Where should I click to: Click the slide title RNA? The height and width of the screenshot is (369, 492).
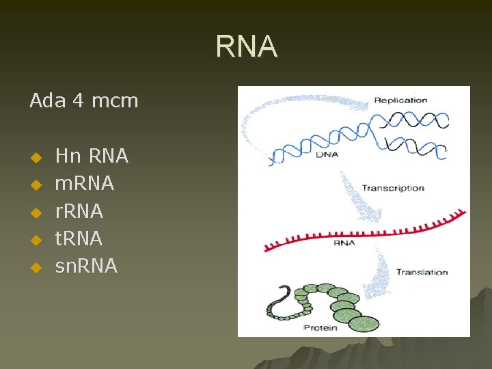point(246,47)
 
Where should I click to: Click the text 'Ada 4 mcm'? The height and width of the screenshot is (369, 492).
point(83,101)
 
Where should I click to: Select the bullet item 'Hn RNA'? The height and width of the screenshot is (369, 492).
point(92,156)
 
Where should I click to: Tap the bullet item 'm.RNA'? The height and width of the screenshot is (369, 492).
point(85,184)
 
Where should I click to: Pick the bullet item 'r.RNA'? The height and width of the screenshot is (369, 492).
point(79,211)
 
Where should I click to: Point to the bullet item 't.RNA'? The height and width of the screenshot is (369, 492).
point(79,238)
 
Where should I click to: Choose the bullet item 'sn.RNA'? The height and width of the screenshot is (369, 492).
point(86,266)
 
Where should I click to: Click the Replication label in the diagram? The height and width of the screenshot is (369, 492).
point(400,100)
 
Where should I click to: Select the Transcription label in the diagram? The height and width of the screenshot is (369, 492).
point(393,188)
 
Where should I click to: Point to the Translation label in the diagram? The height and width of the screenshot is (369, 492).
point(422,272)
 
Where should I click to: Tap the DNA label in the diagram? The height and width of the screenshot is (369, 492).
point(326,154)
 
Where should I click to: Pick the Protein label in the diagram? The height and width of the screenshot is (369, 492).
point(320,328)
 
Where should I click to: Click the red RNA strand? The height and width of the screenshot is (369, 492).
point(362,232)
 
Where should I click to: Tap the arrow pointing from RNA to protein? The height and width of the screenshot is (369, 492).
point(379,270)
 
